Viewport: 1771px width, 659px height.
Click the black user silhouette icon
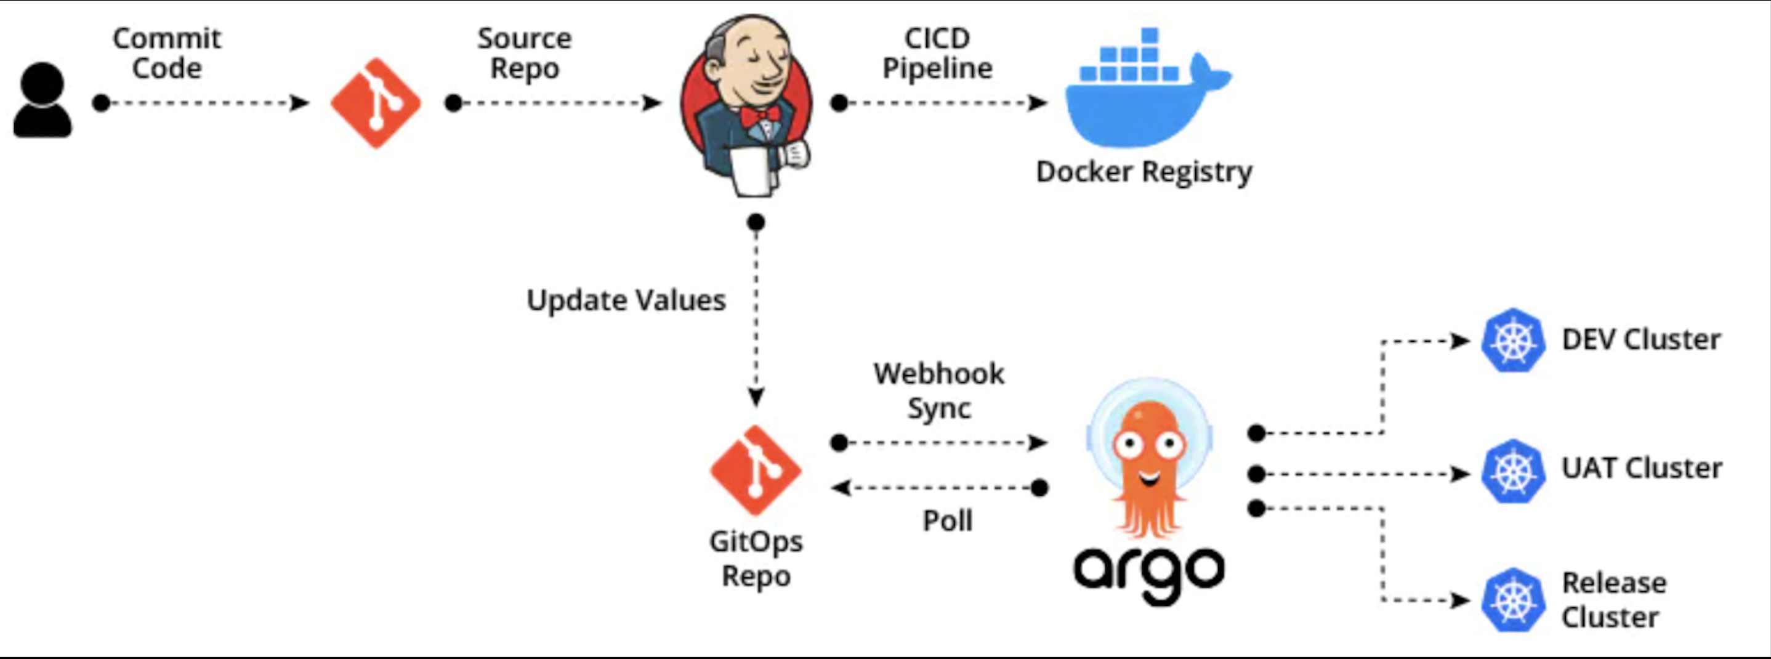42,100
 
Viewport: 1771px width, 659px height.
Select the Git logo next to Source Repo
376,103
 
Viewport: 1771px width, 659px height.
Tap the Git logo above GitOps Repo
756,471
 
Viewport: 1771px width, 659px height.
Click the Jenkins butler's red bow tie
760,116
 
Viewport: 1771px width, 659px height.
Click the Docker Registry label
1144,171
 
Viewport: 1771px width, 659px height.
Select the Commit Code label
167,53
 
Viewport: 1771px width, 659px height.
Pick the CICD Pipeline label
937,53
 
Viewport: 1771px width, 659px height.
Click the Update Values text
626,301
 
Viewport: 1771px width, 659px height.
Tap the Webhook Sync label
939,390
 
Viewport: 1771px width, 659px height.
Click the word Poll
947,521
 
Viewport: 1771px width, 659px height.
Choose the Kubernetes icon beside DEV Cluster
1512,341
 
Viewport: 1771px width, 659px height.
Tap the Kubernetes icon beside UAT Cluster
1512,471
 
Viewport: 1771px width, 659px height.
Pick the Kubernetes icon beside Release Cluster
1512,600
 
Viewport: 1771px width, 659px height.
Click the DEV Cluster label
1641,340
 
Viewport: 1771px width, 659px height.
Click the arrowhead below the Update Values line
756,397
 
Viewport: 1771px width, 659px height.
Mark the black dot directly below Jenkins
756,222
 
